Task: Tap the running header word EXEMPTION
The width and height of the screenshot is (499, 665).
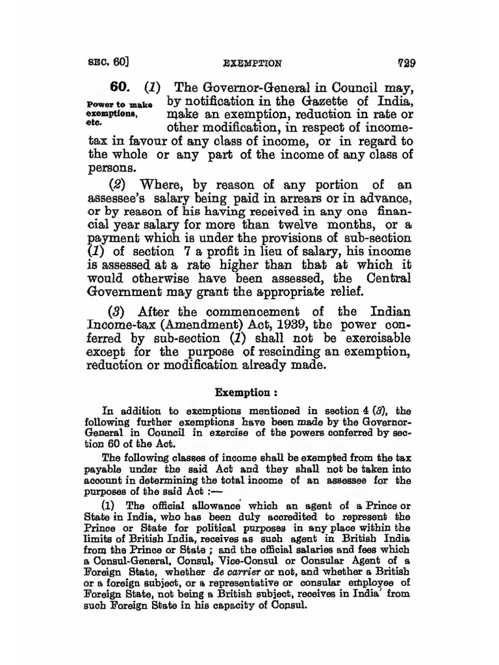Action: click(x=251, y=64)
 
